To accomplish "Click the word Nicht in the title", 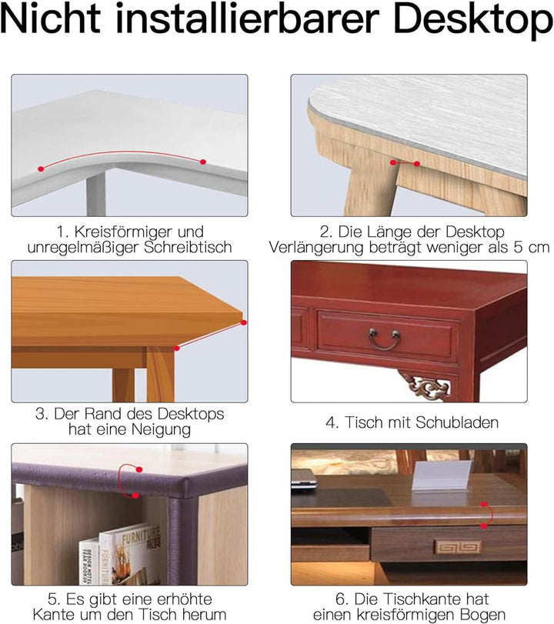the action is tap(51, 18).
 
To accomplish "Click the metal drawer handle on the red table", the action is tap(384, 339).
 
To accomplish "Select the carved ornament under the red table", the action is tap(426, 385).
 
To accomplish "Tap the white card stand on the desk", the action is tap(442, 476).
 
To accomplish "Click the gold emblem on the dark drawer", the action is tap(457, 547).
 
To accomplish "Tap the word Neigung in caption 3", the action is tap(161, 430).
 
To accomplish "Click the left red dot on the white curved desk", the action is tap(41, 169).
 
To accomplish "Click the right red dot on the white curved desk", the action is tap(203, 162).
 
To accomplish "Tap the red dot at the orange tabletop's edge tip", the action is tap(244, 322).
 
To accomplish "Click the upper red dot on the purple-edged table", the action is tap(139, 469).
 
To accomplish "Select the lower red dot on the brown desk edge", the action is tap(483, 526).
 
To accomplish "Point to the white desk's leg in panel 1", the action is tap(96, 192).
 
